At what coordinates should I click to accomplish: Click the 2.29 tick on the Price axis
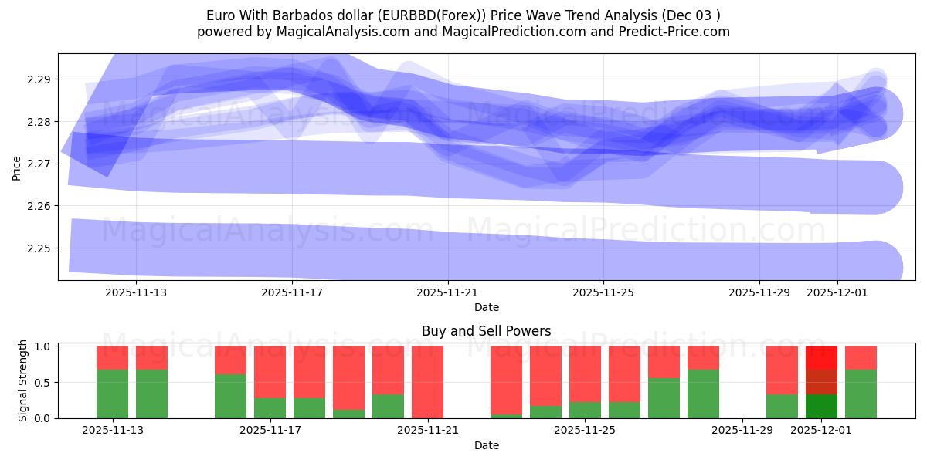click(38, 79)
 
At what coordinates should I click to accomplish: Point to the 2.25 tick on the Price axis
click(38, 248)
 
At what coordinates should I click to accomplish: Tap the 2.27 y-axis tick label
click(38, 164)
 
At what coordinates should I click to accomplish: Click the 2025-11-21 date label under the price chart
click(447, 292)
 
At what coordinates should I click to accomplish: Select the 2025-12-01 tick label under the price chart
click(837, 292)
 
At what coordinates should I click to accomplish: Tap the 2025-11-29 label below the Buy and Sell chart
click(741, 431)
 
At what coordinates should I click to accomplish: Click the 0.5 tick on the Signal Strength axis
click(42, 383)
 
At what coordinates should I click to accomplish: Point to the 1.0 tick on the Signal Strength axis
click(42, 346)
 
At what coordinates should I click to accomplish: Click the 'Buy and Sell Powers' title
click(486, 331)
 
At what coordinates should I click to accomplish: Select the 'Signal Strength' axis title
click(23, 380)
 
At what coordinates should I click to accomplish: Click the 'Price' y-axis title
click(17, 167)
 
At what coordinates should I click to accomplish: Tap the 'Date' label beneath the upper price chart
click(486, 307)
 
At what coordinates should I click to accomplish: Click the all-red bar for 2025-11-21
click(427, 382)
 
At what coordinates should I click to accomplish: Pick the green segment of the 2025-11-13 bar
click(112, 394)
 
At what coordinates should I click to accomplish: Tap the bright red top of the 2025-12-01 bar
click(821, 357)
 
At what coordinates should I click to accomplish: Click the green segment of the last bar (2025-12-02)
click(861, 394)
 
